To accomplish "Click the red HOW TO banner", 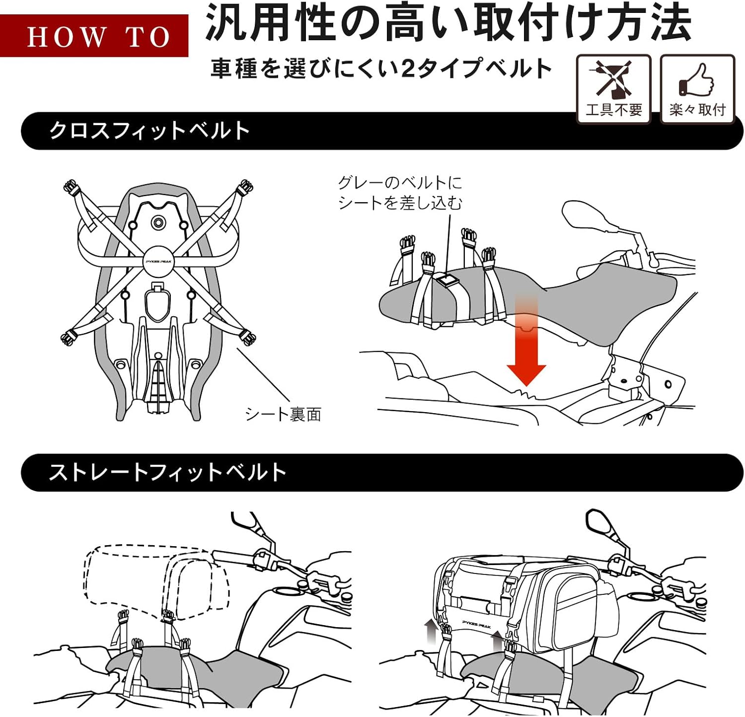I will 94,36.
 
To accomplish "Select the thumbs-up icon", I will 696,79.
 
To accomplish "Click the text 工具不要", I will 614,109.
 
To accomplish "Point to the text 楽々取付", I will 697,109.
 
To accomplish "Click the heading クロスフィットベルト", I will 149,131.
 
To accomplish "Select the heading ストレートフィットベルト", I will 167,472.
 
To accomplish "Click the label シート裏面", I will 283,414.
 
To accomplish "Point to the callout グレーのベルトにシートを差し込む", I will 400,193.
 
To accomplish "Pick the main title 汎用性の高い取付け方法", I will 448,23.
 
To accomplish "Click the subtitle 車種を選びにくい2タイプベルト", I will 381,68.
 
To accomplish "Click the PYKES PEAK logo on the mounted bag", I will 476,624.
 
